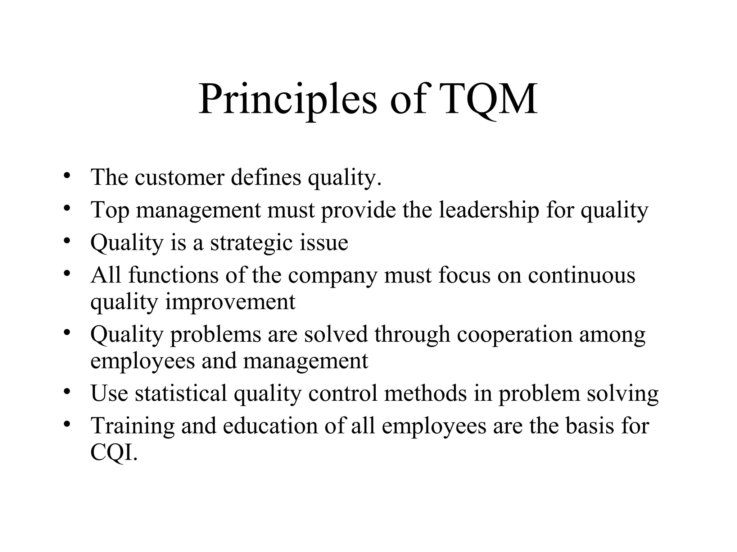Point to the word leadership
point(489,210)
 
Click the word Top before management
point(110,211)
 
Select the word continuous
point(582,275)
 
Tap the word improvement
point(230,302)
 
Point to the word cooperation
point(515,335)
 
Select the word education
point(270,425)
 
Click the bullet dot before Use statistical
point(66,392)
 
